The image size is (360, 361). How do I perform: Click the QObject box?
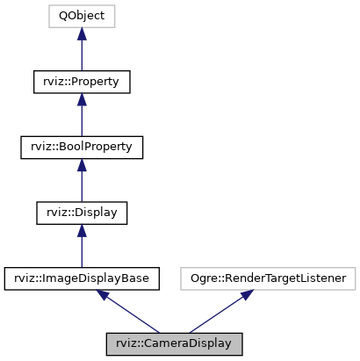(x=82, y=17)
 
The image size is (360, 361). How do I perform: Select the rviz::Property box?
(x=82, y=82)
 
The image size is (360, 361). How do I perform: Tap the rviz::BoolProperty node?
(x=82, y=147)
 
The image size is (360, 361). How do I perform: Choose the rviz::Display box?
(x=82, y=213)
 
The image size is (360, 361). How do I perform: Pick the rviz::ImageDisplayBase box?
(x=82, y=278)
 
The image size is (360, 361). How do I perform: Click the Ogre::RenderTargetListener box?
(x=270, y=278)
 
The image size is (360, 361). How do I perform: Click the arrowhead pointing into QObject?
(x=82, y=33)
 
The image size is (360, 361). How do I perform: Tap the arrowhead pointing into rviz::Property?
(x=82, y=98)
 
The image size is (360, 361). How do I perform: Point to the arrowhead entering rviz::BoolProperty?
(x=82, y=164)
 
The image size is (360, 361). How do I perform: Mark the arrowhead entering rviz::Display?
(x=82, y=229)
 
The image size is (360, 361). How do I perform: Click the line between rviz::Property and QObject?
(x=82, y=55)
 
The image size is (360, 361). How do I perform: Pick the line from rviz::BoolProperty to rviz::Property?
(x=82, y=121)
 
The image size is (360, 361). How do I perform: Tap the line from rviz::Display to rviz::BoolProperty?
(x=82, y=186)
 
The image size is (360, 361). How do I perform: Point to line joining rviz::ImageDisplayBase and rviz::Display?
(x=82, y=252)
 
